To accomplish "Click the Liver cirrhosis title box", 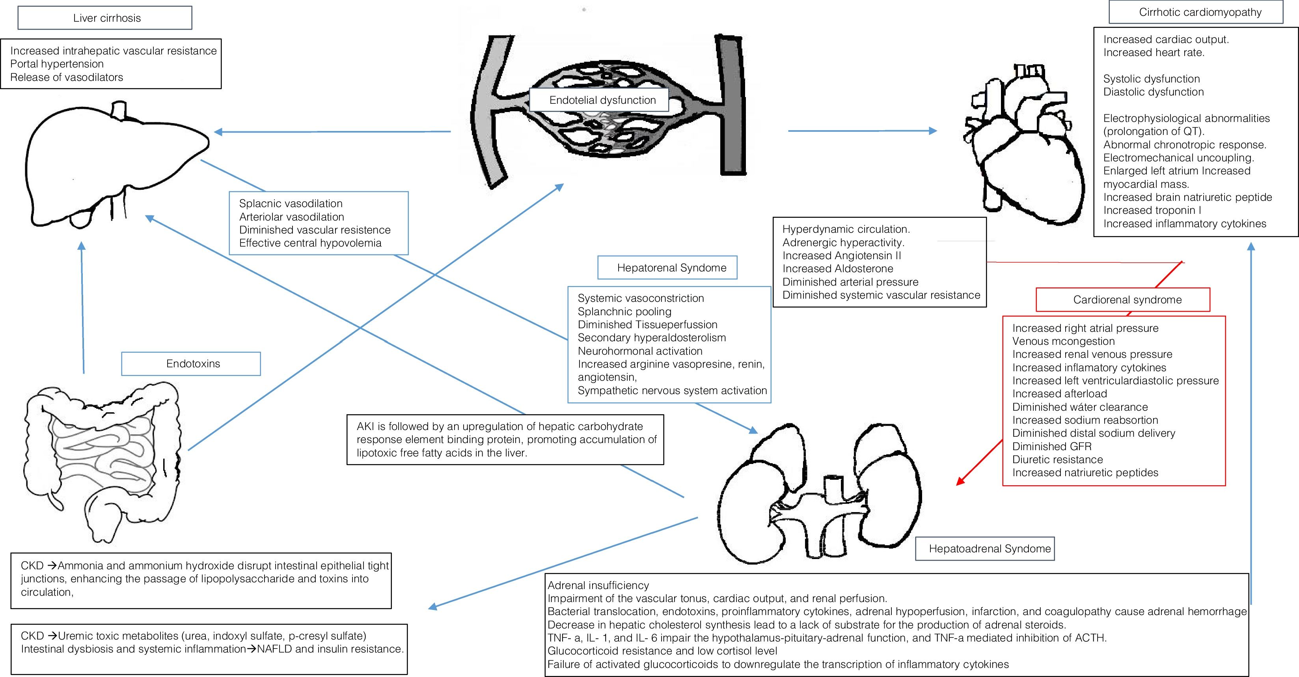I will pos(105,18).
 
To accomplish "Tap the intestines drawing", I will pos(101,454).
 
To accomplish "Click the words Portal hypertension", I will pos(57,64).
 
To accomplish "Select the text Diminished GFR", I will pos(1051,447).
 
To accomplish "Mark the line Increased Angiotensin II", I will pos(842,256).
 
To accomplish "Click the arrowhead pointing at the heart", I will pos(933,131).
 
